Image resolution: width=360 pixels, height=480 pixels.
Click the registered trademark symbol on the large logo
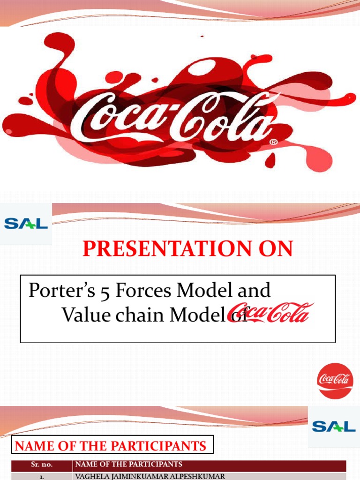(x=274, y=141)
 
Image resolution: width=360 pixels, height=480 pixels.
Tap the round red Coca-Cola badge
(x=335, y=381)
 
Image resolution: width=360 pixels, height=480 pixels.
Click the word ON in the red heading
(x=277, y=249)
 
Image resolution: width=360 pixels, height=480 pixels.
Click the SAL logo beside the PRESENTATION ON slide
(x=26, y=224)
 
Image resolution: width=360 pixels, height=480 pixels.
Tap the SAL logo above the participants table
(x=334, y=426)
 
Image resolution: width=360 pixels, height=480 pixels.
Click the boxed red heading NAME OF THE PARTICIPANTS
(x=111, y=446)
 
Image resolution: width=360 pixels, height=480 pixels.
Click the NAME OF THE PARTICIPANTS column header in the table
(x=128, y=465)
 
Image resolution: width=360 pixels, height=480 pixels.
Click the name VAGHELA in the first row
(x=91, y=476)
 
